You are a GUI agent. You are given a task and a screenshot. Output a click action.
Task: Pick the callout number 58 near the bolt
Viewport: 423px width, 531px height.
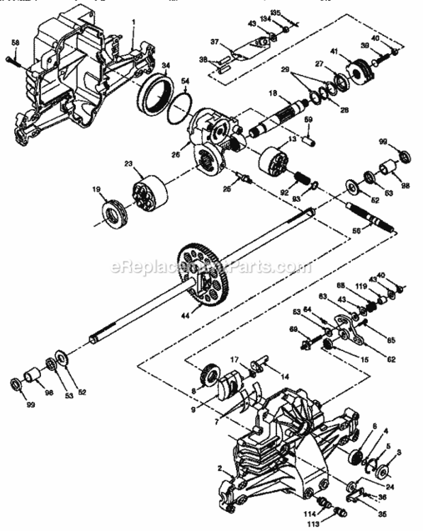click(x=14, y=43)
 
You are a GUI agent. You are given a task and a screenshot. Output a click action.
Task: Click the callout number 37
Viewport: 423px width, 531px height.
click(x=214, y=42)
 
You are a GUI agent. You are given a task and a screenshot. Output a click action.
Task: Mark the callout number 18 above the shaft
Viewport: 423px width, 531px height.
click(x=272, y=93)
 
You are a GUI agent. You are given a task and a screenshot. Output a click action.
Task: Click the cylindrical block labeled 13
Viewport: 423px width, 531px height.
click(x=273, y=159)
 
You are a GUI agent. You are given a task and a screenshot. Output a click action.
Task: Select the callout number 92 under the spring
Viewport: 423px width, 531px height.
click(x=283, y=190)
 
